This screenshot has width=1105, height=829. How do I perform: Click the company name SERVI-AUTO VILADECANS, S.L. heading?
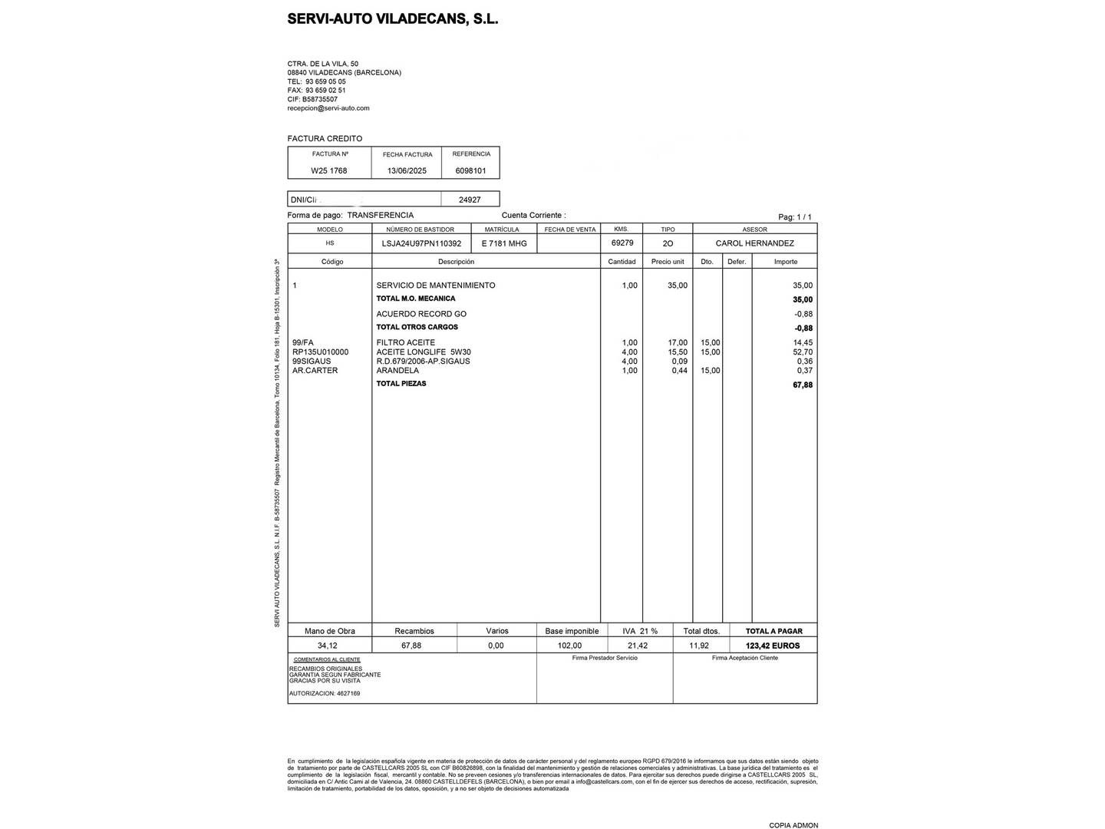tap(392, 19)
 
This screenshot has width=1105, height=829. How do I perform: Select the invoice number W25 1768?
tap(328, 171)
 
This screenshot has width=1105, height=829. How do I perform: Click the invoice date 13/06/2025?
tap(407, 171)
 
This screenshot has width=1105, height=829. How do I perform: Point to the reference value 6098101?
tap(470, 171)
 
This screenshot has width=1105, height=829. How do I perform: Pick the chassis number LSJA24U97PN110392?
tap(421, 243)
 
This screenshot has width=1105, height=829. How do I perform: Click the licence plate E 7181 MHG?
tap(504, 243)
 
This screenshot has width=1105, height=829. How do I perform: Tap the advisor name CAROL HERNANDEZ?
tap(754, 243)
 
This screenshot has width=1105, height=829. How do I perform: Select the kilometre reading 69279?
tap(622, 243)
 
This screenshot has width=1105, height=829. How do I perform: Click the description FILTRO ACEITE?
tap(405, 342)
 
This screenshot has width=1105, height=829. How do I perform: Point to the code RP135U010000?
tap(320, 352)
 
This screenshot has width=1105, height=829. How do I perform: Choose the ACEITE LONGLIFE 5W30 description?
tap(424, 352)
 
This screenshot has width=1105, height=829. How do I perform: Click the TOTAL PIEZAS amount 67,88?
tap(802, 385)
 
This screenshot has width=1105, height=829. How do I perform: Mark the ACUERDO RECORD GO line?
tap(421, 314)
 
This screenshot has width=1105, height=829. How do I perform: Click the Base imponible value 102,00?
tap(569, 646)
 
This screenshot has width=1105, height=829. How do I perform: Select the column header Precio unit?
tap(668, 262)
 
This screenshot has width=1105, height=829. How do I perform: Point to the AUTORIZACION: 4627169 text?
tap(324, 693)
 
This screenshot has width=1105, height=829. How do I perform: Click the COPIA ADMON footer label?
tap(793, 825)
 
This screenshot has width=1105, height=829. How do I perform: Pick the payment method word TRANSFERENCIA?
tap(380, 216)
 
